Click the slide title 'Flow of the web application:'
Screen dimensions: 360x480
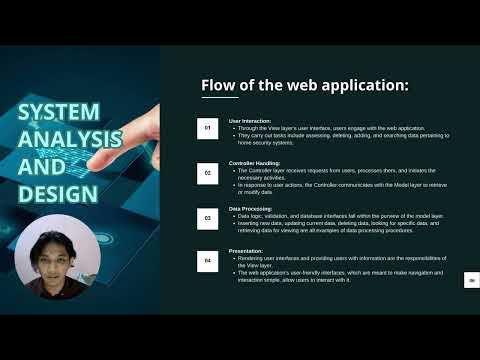pos(305,85)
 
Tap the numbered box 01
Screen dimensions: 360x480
pos(207,128)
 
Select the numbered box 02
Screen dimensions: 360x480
pos(207,172)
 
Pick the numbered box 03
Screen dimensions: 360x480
pos(207,216)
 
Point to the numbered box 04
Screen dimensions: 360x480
pos(207,262)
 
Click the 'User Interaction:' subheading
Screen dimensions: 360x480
pos(249,121)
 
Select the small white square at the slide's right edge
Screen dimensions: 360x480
pos(470,281)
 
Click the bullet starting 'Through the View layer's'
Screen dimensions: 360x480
pos(330,129)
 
